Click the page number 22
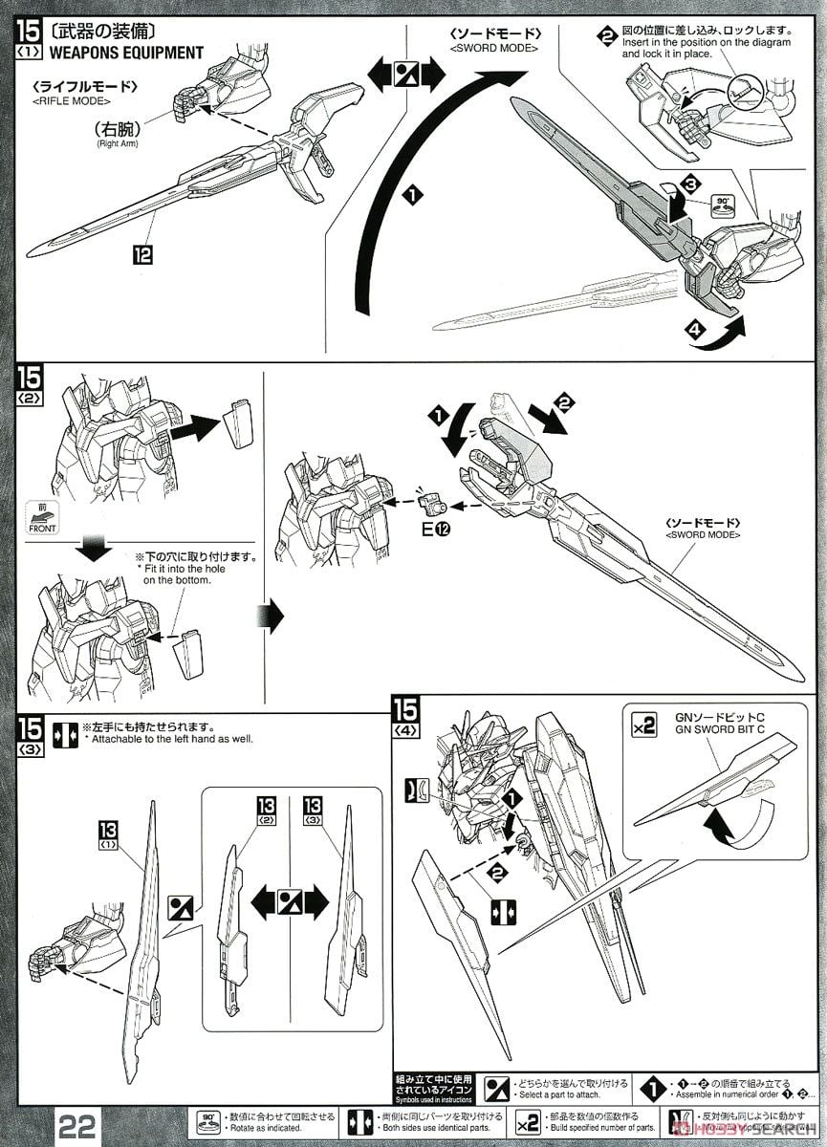[x=77, y=1125]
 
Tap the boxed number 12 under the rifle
[x=142, y=254]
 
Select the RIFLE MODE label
[x=70, y=100]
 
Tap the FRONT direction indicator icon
[x=41, y=520]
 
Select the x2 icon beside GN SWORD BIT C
[x=644, y=725]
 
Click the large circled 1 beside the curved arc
[x=411, y=195]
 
